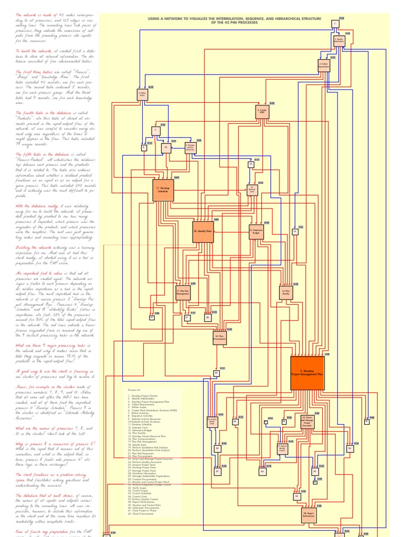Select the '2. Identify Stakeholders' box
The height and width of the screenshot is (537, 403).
click(339, 40)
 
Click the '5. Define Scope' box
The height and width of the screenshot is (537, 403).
click(142, 94)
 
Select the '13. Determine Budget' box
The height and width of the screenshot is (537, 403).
click(256, 231)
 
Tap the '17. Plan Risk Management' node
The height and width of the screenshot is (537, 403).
click(183, 293)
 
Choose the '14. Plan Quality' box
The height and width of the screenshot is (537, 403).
click(286, 293)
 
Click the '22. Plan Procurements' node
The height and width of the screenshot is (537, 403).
click(219, 338)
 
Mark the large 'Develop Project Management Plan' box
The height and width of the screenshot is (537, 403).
click(307, 373)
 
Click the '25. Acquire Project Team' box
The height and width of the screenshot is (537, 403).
click(213, 423)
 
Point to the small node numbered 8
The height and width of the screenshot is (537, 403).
click(144, 148)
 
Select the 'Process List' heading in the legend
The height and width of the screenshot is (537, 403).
click(135, 390)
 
